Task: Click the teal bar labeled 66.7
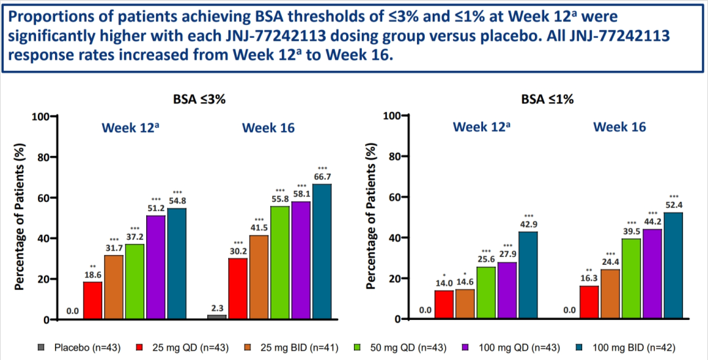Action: point(322,252)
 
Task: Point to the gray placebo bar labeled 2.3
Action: point(217,317)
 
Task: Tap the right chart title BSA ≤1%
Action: point(547,100)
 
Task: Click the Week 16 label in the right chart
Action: point(619,127)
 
